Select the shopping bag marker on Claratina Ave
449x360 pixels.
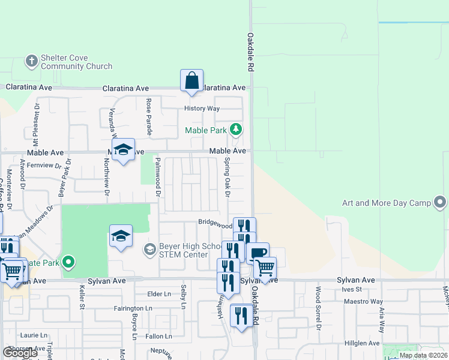click(191, 80)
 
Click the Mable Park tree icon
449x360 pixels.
click(237, 130)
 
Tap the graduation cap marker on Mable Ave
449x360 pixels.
click(123, 151)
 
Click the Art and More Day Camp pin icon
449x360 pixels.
click(441, 202)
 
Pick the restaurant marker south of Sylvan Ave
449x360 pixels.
click(241, 316)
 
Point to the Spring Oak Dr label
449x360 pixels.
click(228, 178)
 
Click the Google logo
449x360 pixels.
click(20, 353)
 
